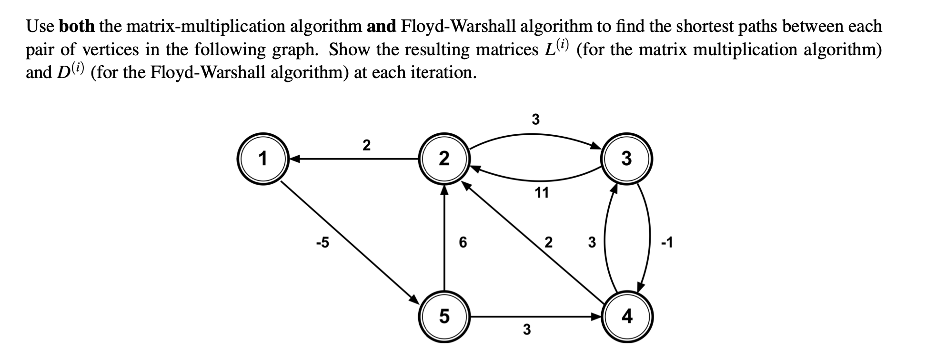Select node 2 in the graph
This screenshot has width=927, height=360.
click(444, 159)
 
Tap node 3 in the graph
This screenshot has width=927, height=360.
click(626, 159)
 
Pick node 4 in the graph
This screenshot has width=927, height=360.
click(626, 316)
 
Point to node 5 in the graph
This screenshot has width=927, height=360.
click(444, 316)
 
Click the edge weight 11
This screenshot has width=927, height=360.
click(542, 193)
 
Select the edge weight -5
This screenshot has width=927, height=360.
click(322, 243)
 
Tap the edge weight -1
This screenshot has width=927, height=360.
click(667, 243)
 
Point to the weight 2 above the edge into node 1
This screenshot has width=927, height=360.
click(366, 145)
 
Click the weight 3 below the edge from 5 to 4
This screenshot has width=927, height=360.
click(526, 329)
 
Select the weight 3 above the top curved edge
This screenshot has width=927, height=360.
click(535, 119)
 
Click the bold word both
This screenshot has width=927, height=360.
click(77, 26)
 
